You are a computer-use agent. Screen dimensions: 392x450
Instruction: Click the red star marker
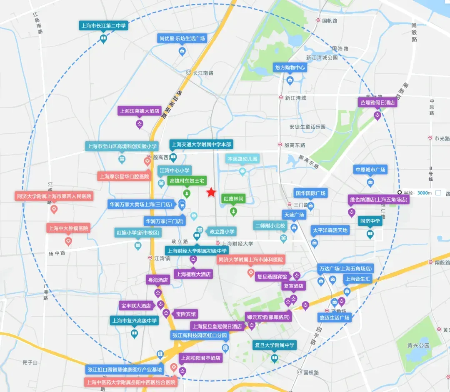pos(212,192)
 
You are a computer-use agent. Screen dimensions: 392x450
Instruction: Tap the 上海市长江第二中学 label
pos(103,26)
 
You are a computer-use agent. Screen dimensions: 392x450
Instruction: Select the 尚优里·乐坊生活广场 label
pos(182,38)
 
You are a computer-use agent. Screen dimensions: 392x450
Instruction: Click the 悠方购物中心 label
pos(290,67)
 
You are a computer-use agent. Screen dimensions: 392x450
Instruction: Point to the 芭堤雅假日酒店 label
pos(377,102)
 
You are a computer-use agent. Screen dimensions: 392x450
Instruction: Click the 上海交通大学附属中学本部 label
pos(201,145)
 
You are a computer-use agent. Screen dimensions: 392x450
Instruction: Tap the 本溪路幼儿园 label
pos(242,159)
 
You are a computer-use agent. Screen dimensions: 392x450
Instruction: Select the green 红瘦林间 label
pos(233,199)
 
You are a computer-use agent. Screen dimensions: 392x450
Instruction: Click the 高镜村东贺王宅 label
pos(187,181)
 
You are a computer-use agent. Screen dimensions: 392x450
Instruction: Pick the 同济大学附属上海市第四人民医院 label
pos(54,196)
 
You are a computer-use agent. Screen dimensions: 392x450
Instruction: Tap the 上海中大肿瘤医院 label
pos(68,228)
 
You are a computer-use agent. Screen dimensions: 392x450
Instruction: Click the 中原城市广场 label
pos(370,170)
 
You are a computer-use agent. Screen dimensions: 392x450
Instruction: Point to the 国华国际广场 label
pos(310,193)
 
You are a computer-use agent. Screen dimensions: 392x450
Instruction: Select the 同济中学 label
pos(370,221)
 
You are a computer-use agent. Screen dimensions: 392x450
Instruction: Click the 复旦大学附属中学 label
pos(274,345)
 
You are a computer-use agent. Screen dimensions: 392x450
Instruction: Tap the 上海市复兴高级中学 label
pos(134,321)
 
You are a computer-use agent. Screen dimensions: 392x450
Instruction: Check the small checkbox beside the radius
pos(438,192)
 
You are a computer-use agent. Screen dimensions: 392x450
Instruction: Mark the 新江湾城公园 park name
pos(322,58)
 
